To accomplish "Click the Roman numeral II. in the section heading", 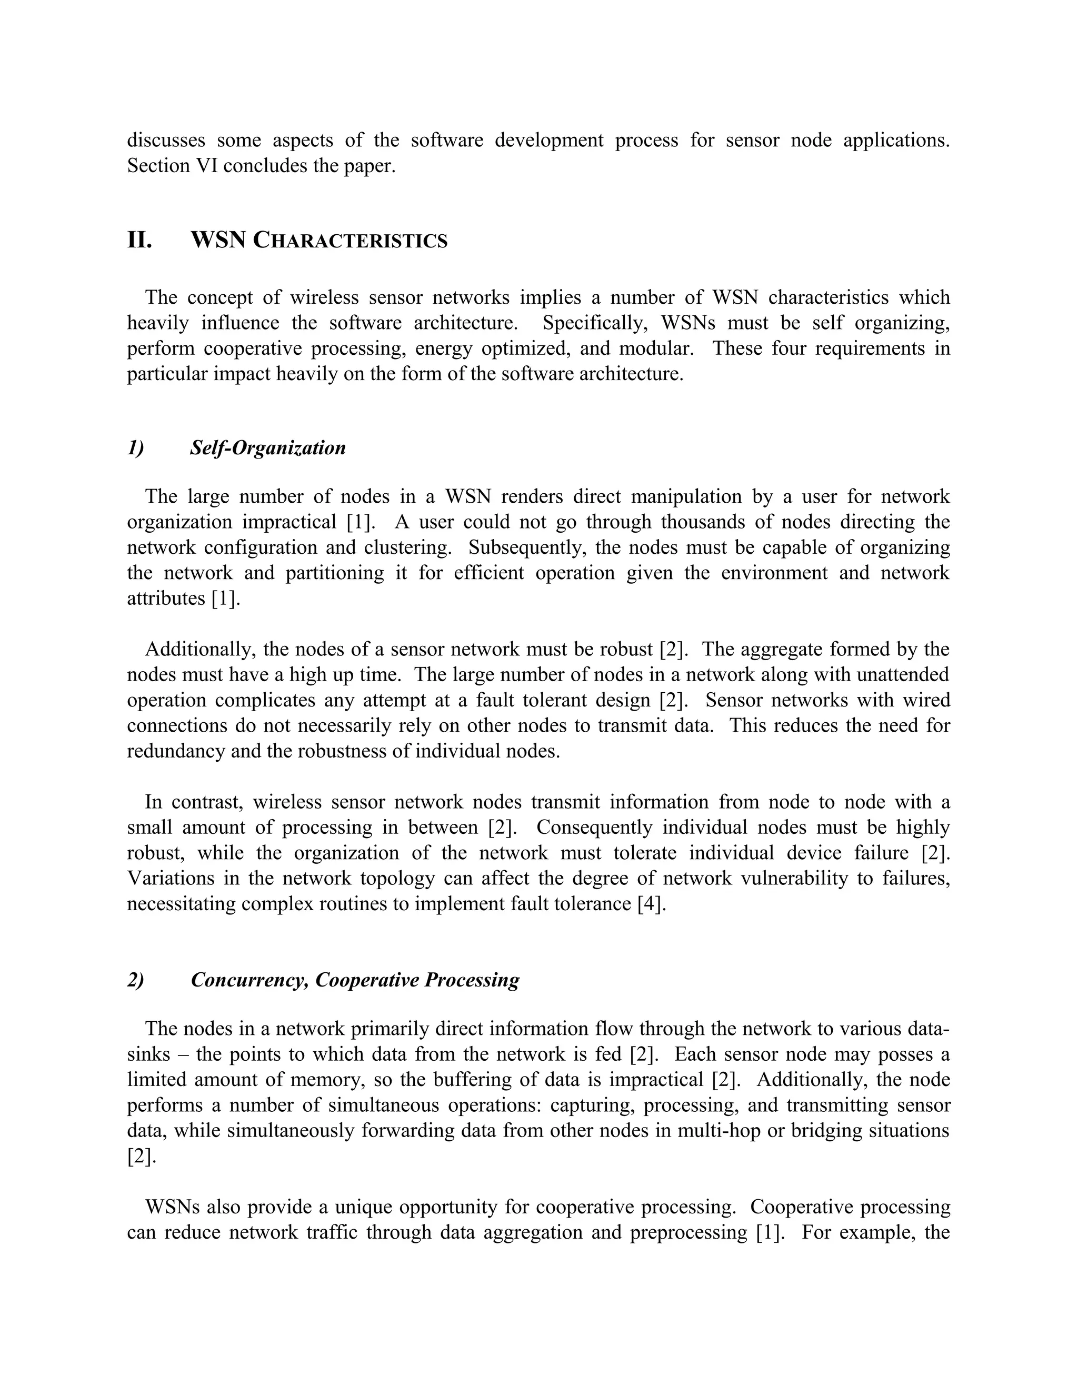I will pos(139,241).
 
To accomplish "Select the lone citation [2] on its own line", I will pos(141,1156).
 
